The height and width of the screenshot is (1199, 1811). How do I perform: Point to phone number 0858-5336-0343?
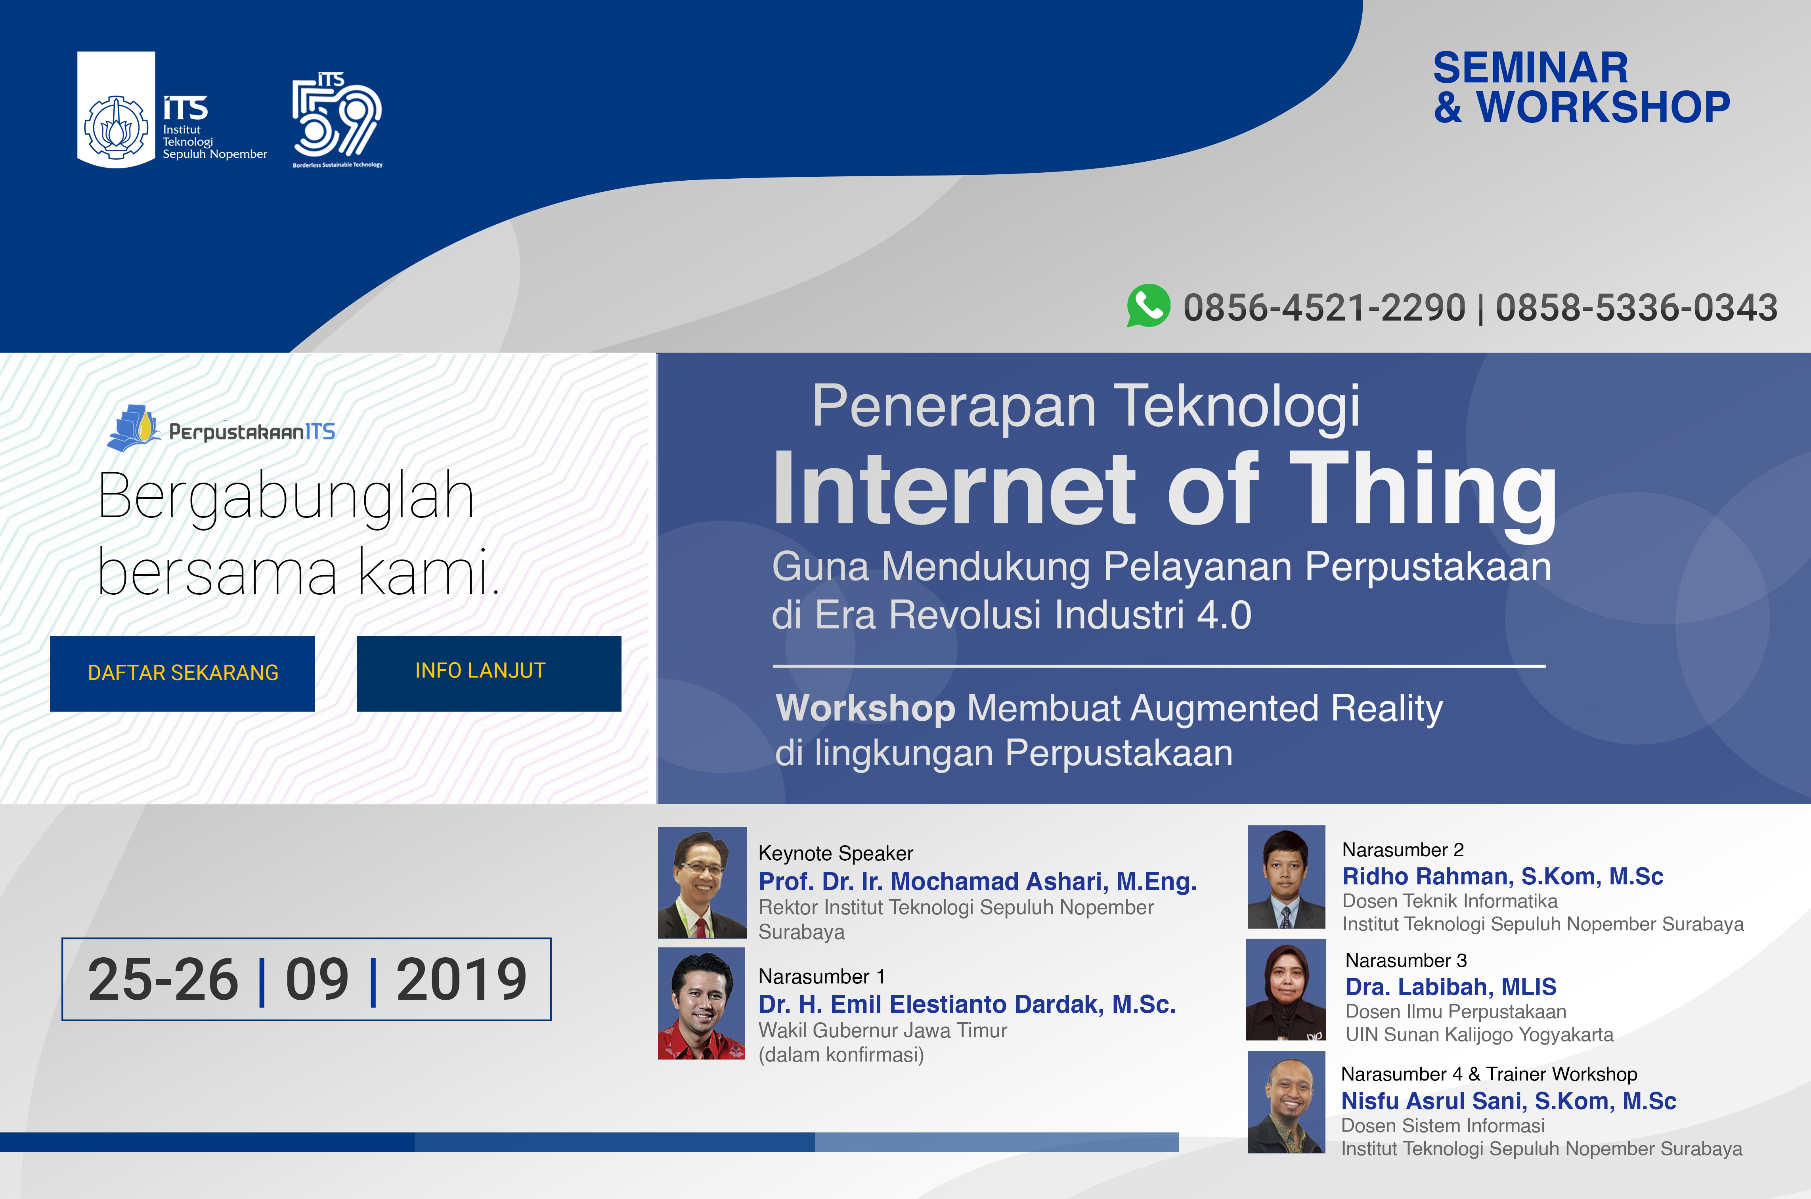[x=1636, y=307]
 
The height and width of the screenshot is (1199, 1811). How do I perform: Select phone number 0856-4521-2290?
[x=1324, y=307]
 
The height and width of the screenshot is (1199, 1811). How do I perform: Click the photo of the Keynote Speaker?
[x=702, y=882]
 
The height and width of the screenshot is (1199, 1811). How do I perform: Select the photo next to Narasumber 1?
[x=701, y=1003]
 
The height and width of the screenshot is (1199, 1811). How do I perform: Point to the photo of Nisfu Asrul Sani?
[x=1286, y=1102]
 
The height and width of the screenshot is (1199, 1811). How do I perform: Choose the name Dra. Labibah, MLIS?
[x=1451, y=987]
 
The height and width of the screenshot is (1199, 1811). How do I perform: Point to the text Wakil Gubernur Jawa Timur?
[x=883, y=1030]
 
